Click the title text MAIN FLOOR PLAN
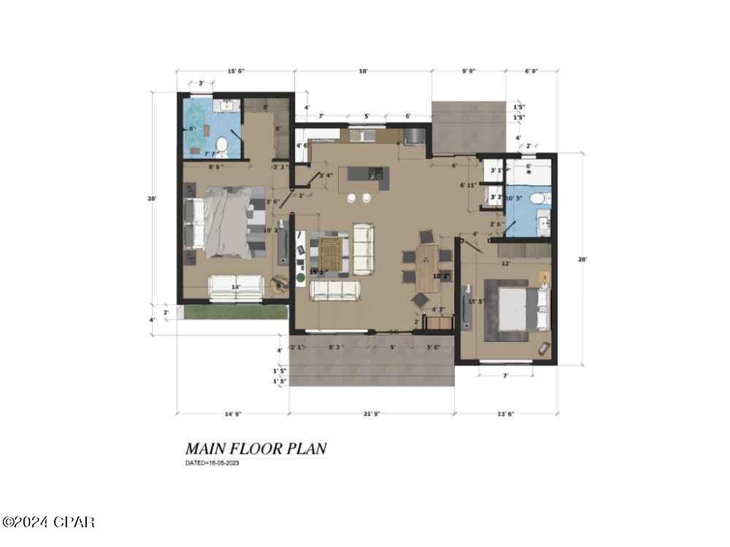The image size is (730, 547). (255, 448)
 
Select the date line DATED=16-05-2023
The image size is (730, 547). (212, 463)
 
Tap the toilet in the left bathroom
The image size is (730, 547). (223, 148)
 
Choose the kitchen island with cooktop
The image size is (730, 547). (364, 174)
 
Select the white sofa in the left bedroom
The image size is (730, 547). (236, 287)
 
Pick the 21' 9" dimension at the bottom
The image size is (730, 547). (372, 414)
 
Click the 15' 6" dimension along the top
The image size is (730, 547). (235, 71)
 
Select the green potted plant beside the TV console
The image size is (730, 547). (300, 278)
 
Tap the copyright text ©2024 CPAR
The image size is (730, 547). (48, 522)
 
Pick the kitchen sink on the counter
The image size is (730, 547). (358, 135)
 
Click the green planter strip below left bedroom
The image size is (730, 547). (234, 311)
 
